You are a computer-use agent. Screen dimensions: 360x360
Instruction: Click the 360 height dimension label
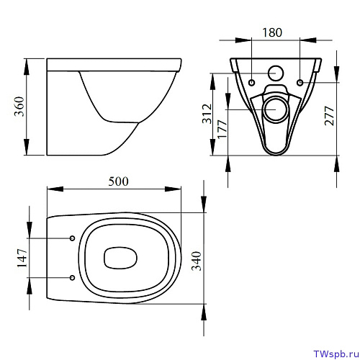[19, 107]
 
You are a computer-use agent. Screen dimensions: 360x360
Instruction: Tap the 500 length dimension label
[118, 181]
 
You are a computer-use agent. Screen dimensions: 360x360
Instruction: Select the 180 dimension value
[272, 32]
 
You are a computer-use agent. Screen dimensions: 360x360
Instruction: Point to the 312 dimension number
[207, 114]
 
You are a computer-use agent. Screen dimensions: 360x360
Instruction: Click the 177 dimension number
[222, 129]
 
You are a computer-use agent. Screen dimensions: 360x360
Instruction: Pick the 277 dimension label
[329, 116]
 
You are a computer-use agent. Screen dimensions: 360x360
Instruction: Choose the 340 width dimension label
[196, 261]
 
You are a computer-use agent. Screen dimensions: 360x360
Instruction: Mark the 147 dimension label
[22, 258]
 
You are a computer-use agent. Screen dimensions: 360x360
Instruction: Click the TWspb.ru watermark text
[336, 354]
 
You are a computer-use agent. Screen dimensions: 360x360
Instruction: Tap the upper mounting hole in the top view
[72, 238]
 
